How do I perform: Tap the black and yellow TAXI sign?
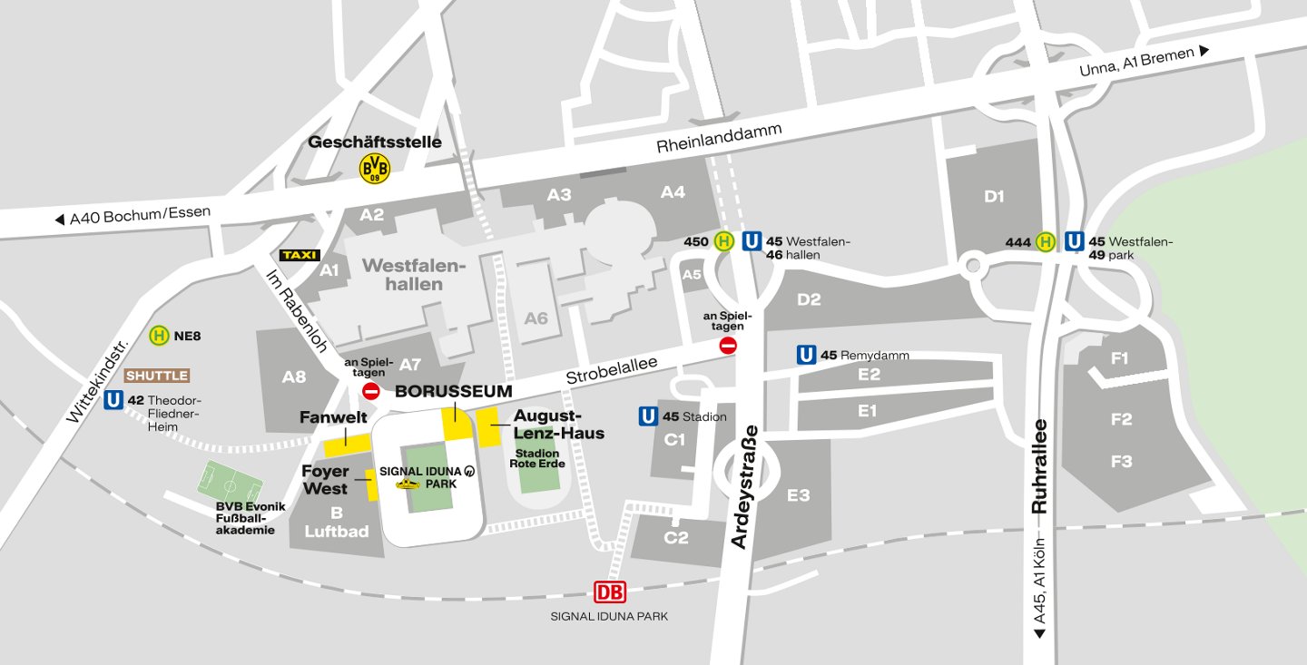click(299, 255)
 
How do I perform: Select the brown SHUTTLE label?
click(157, 375)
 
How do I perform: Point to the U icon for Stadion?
click(648, 416)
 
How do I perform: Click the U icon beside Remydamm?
click(805, 355)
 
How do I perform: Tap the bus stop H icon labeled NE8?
click(159, 336)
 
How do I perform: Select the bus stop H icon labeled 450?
click(724, 241)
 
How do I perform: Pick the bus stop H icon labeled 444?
click(1046, 241)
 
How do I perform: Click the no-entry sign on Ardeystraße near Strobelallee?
click(728, 346)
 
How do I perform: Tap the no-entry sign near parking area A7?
click(370, 391)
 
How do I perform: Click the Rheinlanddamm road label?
click(719, 139)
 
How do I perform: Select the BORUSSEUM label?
click(454, 390)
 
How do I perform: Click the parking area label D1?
click(995, 196)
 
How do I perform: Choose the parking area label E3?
click(798, 494)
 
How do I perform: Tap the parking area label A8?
click(293, 377)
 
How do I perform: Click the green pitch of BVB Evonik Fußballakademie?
click(231, 480)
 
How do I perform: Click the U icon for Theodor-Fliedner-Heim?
click(113, 400)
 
